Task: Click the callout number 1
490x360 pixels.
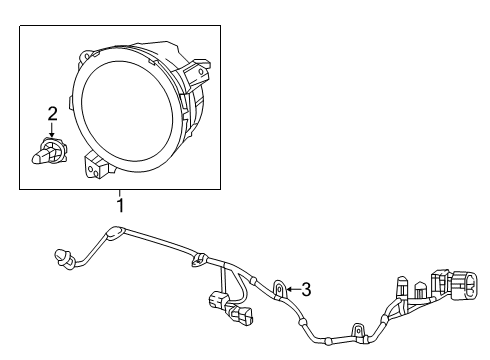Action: point(121,207)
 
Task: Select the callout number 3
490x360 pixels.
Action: point(306,290)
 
